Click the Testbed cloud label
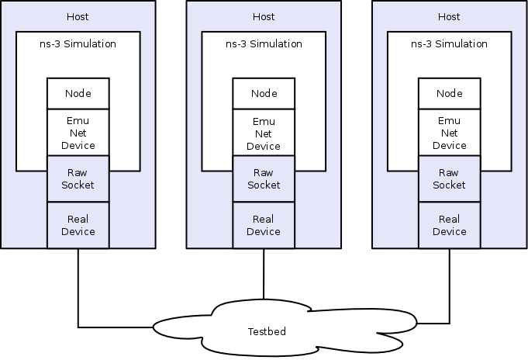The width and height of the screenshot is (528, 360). click(x=267, y=331)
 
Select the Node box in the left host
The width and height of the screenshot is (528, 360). click(x=78, y=94)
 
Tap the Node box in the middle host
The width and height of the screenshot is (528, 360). click(x=264, y=94)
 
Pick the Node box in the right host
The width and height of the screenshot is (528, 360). click(x=450, y=94)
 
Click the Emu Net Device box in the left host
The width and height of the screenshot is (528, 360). click(x=78, y=133)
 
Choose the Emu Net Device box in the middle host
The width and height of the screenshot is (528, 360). click(x=264, y=133)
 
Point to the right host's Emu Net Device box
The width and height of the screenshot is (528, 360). click(x=450, y=133)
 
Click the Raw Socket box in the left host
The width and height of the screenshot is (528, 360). click(x=78, y=179)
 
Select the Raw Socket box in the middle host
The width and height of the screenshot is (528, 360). click(x=264, y=179)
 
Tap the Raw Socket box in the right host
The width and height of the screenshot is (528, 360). click(x=450, y=179)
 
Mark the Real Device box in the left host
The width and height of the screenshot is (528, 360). click(x=78, y=226)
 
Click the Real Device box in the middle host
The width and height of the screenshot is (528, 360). click(x=264, y=226)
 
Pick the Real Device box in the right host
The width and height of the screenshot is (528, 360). click(x=450, y=226)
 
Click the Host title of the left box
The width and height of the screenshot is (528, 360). click(x=78, y=16)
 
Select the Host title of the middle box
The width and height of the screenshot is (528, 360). click(x=264, y=16)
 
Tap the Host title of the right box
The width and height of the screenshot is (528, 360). click(x=450, y=16)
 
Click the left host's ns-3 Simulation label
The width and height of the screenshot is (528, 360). click(x=78, y=44)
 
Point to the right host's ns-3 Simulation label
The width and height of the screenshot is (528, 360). click(x=450, y=44)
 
